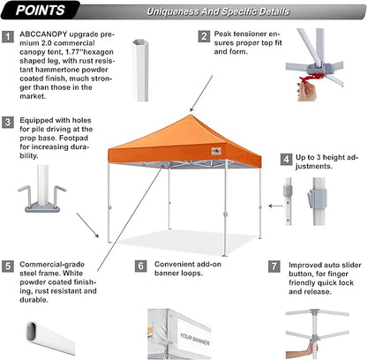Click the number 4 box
tap(286, 161)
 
